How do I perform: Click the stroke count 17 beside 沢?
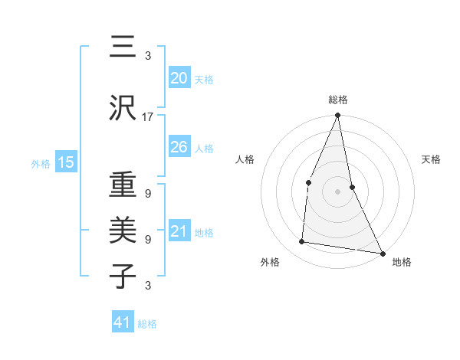(x=148, y=117)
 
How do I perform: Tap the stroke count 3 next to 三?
(x=148, y=56)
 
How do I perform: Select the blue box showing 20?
(x=179, y=77)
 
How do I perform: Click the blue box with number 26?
(x=179, y=146)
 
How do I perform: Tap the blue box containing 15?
(x=65, y=162)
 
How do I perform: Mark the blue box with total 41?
(x=123, y=322)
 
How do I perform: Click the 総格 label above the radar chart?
(x=338, y=100)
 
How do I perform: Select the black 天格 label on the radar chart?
(x=431, y=159)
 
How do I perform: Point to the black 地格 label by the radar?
(x=402, y=262)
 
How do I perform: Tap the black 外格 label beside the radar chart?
(x=270, y=262)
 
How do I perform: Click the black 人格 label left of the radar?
(x=245, y=159)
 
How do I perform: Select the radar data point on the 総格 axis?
(x=337, y=116)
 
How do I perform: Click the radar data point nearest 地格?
(x=382, y=253)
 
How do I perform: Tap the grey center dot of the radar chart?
(x=337, y=191)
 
